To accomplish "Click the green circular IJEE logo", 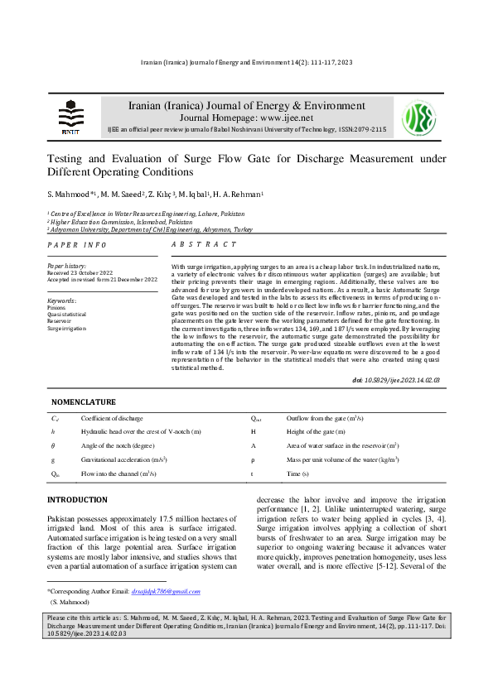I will (418, 118).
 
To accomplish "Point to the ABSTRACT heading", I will (204, 245).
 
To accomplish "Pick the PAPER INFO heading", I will (77, 245).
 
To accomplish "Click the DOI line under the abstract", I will (395, 379).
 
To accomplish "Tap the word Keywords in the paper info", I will (62, 300).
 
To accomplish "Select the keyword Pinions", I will (57, 307).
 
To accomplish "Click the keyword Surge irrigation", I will (65, 328).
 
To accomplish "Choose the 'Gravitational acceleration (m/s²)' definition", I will (124, 459).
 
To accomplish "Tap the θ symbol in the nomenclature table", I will (54, 445).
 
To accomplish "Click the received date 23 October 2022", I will (90, 272).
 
